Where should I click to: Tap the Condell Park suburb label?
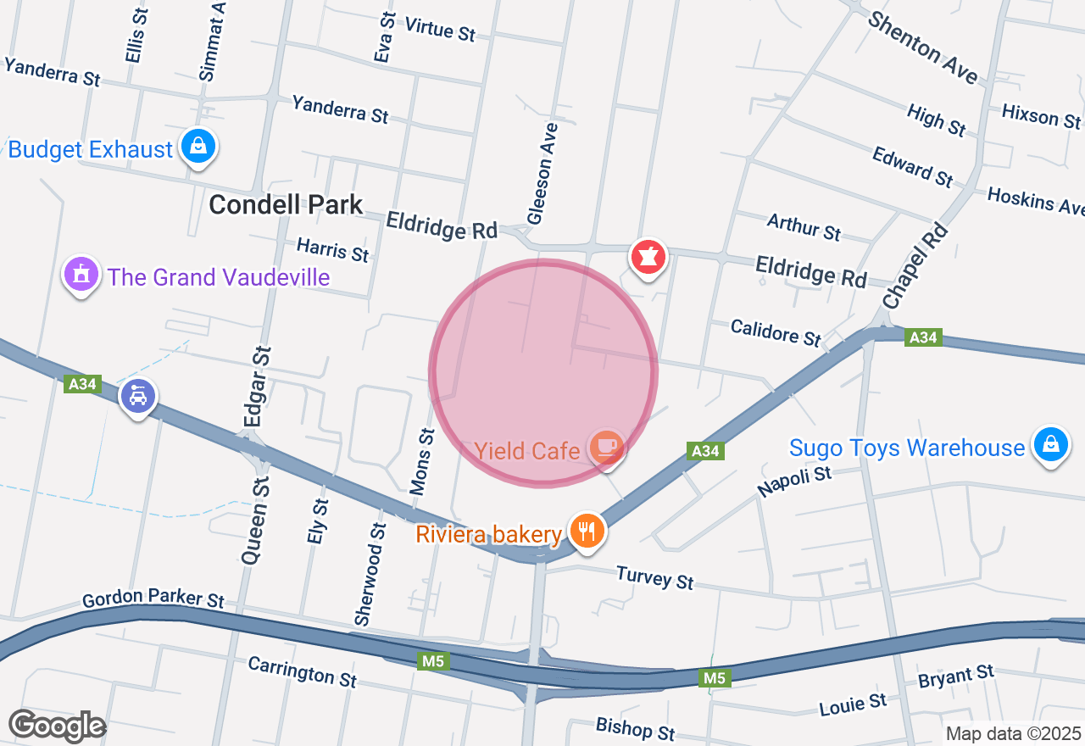pyautogui.click(x=286, y=204)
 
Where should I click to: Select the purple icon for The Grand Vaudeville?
pyautogui.click(x=81, y=275)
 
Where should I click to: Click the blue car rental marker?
pyautogui.click(x=138, y=395)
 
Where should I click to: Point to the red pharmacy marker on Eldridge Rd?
pyautogui.click(x=648, y=256)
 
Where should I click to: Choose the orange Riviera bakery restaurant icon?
pyautogui.click(x=586, y=532)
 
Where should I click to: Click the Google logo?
pyautogui.click(x=57, y=726)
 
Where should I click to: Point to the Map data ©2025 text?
pyautogui.click(x=1013, y=733)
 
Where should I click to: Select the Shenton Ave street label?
pyautogui.click(x=922, y=47)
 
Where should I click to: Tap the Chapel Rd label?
pyautogui.click(x=915, y=266)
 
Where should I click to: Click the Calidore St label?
pyautogui.click(x=776, y=332)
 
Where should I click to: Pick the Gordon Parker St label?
pyautogui.click(x=153, y=598)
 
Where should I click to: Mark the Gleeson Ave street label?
pyautogui.click(x=542, y=174)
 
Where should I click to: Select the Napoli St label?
pyautogui.click(x=794, y=482)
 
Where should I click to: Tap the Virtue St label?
pyautogui.click(x=440, y=29)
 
